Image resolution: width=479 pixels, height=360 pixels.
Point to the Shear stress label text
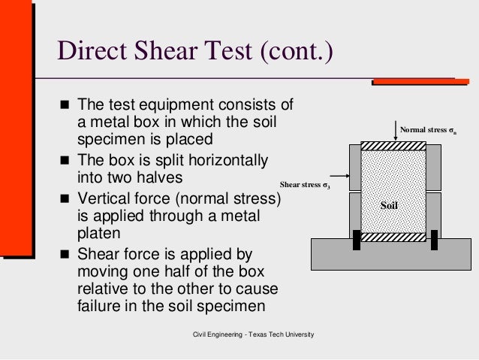[305, 183]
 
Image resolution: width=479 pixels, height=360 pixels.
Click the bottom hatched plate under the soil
[395, 234]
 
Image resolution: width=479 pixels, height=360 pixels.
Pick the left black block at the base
[357, 240]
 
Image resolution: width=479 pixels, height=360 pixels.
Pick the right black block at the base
[434, 240]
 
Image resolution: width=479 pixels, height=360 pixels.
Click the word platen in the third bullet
[99, 234]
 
